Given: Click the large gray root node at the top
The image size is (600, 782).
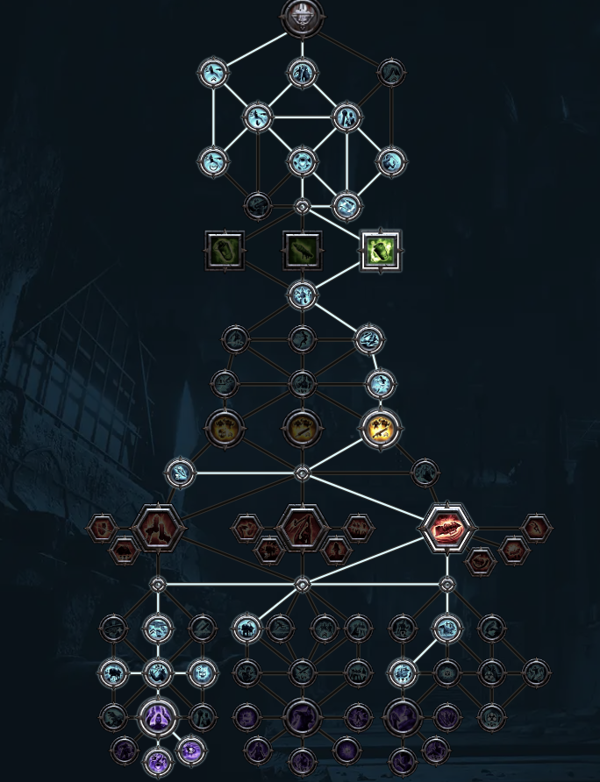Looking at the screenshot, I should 303,17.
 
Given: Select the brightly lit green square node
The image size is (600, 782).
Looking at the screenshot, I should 380,251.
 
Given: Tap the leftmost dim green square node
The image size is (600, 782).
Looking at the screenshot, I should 225,251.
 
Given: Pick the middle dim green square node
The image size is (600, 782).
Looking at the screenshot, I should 302,251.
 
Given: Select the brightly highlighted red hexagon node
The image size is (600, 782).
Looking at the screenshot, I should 446,528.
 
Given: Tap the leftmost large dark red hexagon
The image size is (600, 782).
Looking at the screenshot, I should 158,528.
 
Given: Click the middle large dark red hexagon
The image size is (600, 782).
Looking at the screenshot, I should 303,528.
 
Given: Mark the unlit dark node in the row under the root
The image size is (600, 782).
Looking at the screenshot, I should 391,72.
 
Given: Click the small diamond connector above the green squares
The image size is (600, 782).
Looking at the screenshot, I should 302,207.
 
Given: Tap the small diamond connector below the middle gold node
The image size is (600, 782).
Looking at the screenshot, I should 302,473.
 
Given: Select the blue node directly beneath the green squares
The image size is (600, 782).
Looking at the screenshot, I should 302,295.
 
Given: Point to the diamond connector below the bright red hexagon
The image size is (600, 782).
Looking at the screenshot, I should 446,584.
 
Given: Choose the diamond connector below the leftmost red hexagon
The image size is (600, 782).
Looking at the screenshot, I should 158,584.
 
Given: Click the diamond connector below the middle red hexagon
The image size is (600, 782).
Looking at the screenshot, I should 302,584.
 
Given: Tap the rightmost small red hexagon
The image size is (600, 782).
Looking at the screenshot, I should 536,527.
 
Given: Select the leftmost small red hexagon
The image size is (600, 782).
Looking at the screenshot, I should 103,528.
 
